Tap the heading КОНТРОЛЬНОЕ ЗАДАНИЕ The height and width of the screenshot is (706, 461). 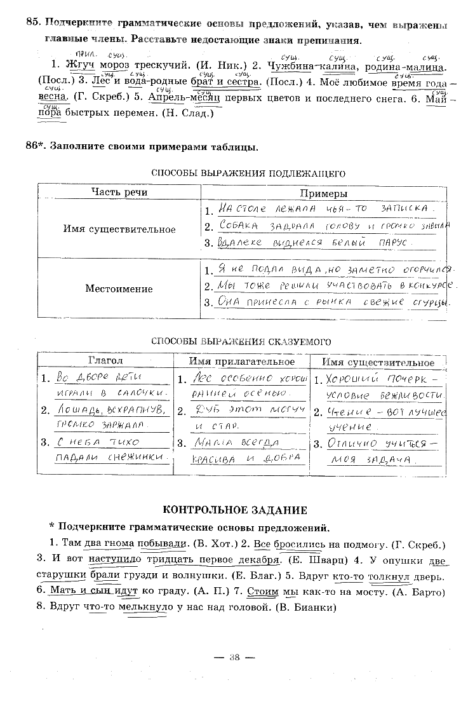tap(235, 510)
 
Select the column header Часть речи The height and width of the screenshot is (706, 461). tap(119, 193)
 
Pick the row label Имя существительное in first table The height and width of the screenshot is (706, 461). tap(119, 229)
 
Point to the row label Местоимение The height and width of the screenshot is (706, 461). tap(119, 289)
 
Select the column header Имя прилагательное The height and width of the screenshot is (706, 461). tap(242, 362)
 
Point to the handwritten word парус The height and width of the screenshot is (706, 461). tap(392, 243)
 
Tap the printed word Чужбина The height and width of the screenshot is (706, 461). tap(290, 65)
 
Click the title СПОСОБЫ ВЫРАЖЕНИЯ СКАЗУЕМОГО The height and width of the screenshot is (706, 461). tap(241, 341)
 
